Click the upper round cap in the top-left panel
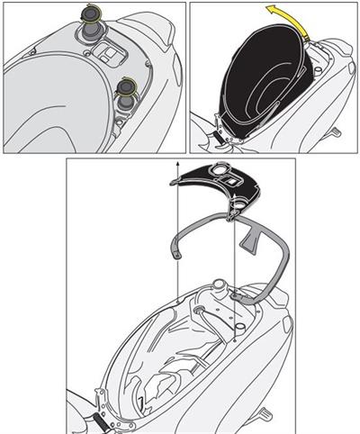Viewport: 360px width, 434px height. click(91, 17)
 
